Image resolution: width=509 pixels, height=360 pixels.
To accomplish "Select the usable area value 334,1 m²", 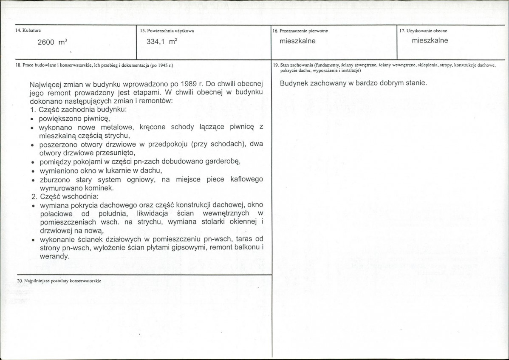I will pos(161,42).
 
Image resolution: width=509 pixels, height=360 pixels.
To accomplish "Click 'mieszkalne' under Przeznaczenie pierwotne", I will pos(297,41).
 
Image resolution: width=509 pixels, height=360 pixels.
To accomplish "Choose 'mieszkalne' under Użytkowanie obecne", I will pos(430,41).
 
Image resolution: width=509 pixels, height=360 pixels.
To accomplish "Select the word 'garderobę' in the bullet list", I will pos(224,162).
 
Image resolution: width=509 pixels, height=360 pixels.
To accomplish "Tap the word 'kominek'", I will pos(102,188).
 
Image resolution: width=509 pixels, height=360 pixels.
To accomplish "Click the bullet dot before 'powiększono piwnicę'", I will pos(32,119).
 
